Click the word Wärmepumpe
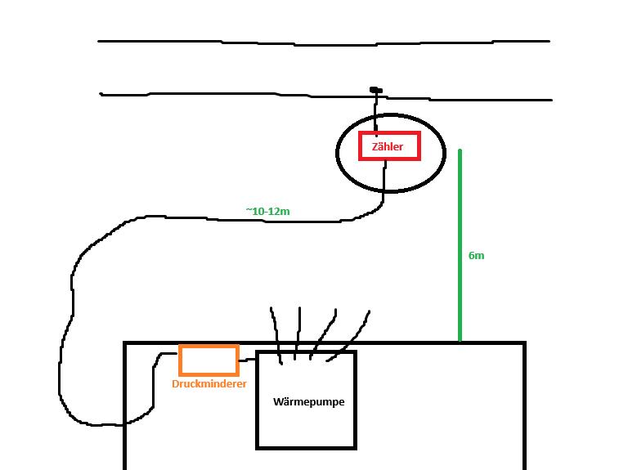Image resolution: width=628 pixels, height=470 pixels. click(308, 401)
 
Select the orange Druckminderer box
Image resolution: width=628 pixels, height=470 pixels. click(209, 360)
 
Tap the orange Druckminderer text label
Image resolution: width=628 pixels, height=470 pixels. click(209, 383)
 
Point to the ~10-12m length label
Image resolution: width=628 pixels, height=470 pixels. click(267, 211)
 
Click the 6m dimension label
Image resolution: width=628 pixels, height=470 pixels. click(476, 255)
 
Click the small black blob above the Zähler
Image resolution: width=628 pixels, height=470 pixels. click(375, 89)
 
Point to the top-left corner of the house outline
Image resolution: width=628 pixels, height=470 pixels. click(125, 343)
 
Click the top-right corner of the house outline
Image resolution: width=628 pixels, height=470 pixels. click(523, 343)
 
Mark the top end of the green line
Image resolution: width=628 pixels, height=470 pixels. click(460, 151)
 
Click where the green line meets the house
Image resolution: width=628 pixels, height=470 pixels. click(460, 341)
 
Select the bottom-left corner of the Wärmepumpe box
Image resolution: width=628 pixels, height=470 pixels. click(258, 447)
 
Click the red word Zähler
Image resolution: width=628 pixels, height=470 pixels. click(388, 147)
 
